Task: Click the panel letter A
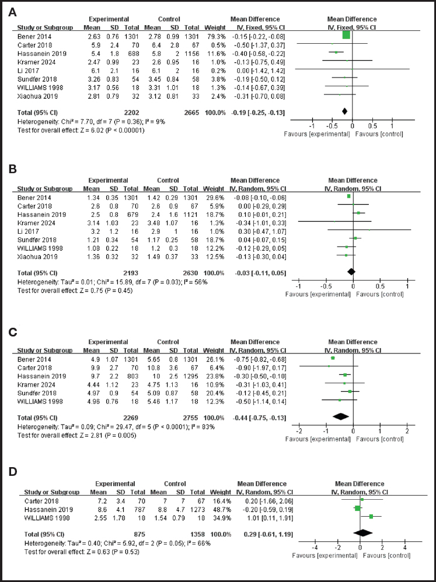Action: coord(11,12)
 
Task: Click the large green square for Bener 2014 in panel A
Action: coord(346,36)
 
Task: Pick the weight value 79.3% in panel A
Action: coord(212,36)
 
